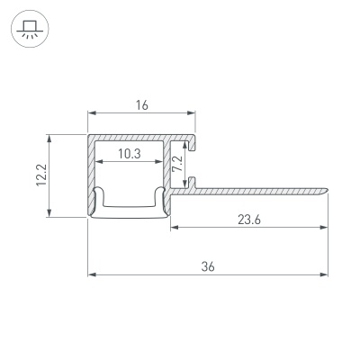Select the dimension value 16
(141, 104)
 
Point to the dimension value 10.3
(130, 154)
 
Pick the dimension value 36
(208, 265)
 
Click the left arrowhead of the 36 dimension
(91, 274)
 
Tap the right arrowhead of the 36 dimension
(324, 274)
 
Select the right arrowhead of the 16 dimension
(192, 113)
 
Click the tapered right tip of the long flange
(326, 189)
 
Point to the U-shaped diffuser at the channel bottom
(130, 205)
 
